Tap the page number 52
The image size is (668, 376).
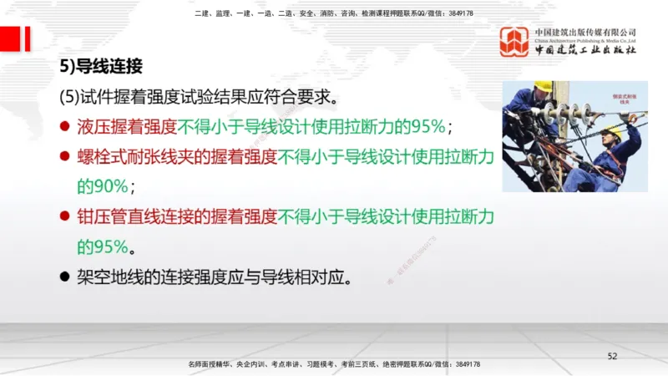click(x=612, y=357)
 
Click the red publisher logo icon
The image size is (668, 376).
click(x=514, y=41)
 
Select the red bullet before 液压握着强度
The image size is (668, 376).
click(x=64, y=127)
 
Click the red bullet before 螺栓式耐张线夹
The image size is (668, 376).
click(x=64, y=156)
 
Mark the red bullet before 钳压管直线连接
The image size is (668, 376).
click(x=64, y=217)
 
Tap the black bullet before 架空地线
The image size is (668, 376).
click(x=64, y=276)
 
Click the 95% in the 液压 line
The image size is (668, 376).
click(x=424, y=127)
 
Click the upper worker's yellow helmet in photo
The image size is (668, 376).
click(x=543, y=86)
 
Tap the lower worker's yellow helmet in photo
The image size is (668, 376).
click(x=615, y=130)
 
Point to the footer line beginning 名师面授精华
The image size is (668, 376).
click(x=334, y=365)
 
